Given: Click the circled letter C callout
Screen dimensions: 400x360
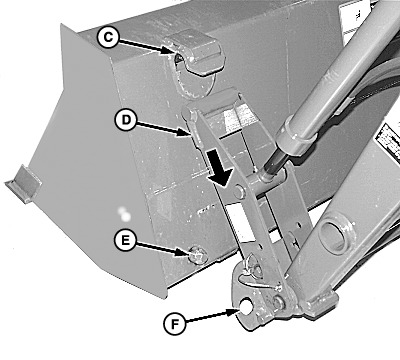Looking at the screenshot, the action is coord(108,37).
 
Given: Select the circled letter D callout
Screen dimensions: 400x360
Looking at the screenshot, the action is coord(126,120).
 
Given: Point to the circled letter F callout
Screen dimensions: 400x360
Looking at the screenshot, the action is coord(175,324).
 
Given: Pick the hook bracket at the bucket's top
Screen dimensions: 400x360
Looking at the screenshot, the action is coord(196,53).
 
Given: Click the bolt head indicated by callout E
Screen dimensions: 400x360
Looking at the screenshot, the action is coord(198,256).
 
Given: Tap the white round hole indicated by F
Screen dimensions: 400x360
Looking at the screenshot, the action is coord(247,305).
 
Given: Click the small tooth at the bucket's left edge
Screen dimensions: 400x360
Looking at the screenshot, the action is coord(23,184).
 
